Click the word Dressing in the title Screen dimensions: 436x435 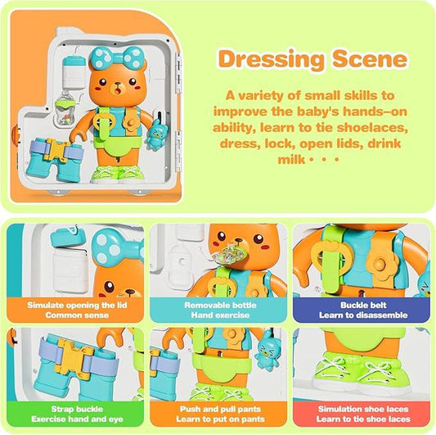pyautogui.click(x=271, y=60)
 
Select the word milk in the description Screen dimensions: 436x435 pyautogui.click(x=291, y=160)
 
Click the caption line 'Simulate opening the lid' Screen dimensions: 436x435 pyautogui.click(x=77, y=305)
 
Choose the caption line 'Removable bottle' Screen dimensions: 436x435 pyautogui.click(x=220, y=306)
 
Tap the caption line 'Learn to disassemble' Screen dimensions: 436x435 pyautogui.click(x=363, y=315)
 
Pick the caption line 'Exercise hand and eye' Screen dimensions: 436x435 pyautogui.click(x=77, y=419)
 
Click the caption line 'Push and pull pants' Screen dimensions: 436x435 pyautogui.click(x=220, y=409)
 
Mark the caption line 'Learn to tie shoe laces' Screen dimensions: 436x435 pyautogui.click(x=363, y=419)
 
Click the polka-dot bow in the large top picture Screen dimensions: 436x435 pyautogui.click(x=116, y=58)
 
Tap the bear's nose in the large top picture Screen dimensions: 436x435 pyautogui.click(x=117, y=84)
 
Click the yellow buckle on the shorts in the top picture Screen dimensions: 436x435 pyautogui.click(x=57, y=151)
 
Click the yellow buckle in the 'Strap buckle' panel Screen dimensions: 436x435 pyautogui.click(x=74, y=360)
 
